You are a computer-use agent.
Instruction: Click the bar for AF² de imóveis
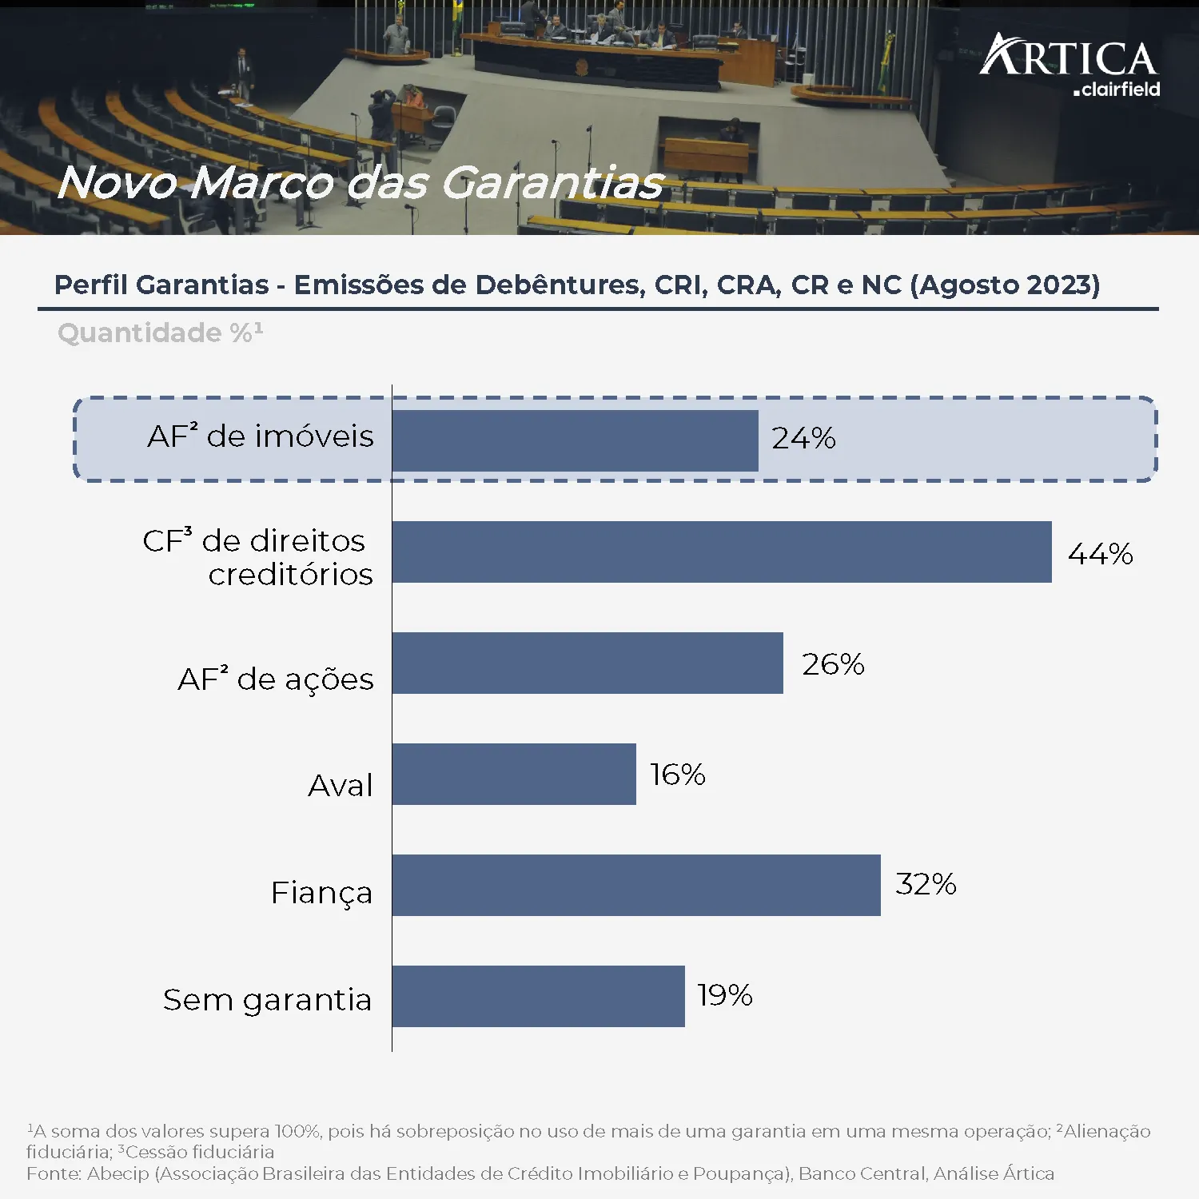point(575,440)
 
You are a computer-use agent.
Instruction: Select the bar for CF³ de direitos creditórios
point(722,552)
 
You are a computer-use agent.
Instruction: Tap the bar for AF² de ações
point(588,663)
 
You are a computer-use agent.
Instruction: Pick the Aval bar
point(514,774)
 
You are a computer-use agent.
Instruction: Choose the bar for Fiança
point(636,885)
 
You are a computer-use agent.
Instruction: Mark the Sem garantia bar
point(538,996)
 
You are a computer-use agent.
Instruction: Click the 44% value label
point(1100,553)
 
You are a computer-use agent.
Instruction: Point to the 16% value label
point(677,774)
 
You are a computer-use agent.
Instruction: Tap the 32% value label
point(926,884)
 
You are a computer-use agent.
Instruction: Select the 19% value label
point(724,995)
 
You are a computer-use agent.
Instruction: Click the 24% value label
point(803,438)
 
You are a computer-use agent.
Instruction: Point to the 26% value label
point(833,663)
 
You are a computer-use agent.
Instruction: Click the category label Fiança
point(321,893)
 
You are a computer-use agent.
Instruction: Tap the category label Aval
point(341,786)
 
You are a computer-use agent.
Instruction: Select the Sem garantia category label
point(267,1000)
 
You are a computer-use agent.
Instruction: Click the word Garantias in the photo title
point(552,182)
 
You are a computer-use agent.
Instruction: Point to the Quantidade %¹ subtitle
point(160,333)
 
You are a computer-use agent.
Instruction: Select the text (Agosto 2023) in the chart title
point(1005,285)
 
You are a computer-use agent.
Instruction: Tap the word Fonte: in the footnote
point(54,1173)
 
